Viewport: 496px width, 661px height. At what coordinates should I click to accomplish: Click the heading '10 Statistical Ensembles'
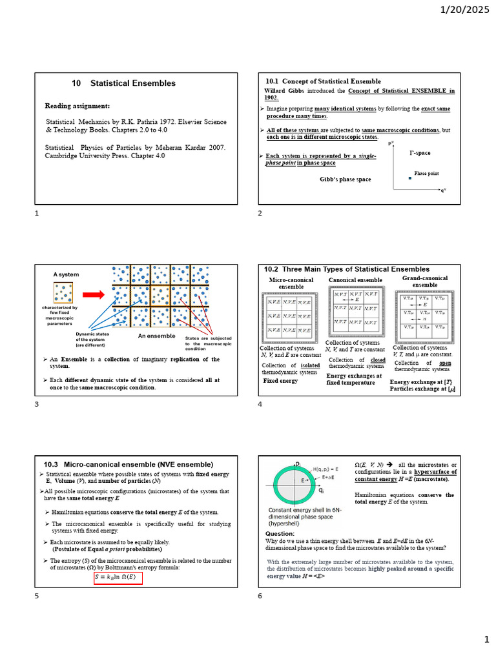pos(123,83)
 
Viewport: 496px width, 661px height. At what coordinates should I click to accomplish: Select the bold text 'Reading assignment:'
pos(77,105)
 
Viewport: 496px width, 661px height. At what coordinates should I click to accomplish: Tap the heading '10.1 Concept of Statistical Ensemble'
pos(323,81)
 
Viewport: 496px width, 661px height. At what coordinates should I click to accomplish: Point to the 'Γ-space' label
pos(419,153)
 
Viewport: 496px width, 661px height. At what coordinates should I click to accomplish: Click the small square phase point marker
pos(409,178)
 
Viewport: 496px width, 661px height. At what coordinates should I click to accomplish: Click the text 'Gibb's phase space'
pos(346,179)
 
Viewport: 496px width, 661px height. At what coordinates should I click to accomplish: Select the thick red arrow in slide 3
pos(94,295)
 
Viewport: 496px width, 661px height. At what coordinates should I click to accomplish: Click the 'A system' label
pos(66,274)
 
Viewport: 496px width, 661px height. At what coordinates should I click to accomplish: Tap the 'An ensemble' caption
pos(156,336)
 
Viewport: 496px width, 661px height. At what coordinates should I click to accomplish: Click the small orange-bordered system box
pos(63,293)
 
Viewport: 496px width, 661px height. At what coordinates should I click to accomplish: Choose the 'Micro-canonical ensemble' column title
pos(291,283)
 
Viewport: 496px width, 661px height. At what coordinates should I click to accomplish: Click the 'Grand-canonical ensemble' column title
pos(424,281)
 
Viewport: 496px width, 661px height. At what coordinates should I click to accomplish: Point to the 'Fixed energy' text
pos(280,381)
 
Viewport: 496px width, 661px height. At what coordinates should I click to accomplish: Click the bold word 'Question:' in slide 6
pos(280,534)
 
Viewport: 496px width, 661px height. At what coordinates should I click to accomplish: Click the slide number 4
pos(260,405)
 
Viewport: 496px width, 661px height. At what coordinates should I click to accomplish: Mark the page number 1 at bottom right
pos(487,639)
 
